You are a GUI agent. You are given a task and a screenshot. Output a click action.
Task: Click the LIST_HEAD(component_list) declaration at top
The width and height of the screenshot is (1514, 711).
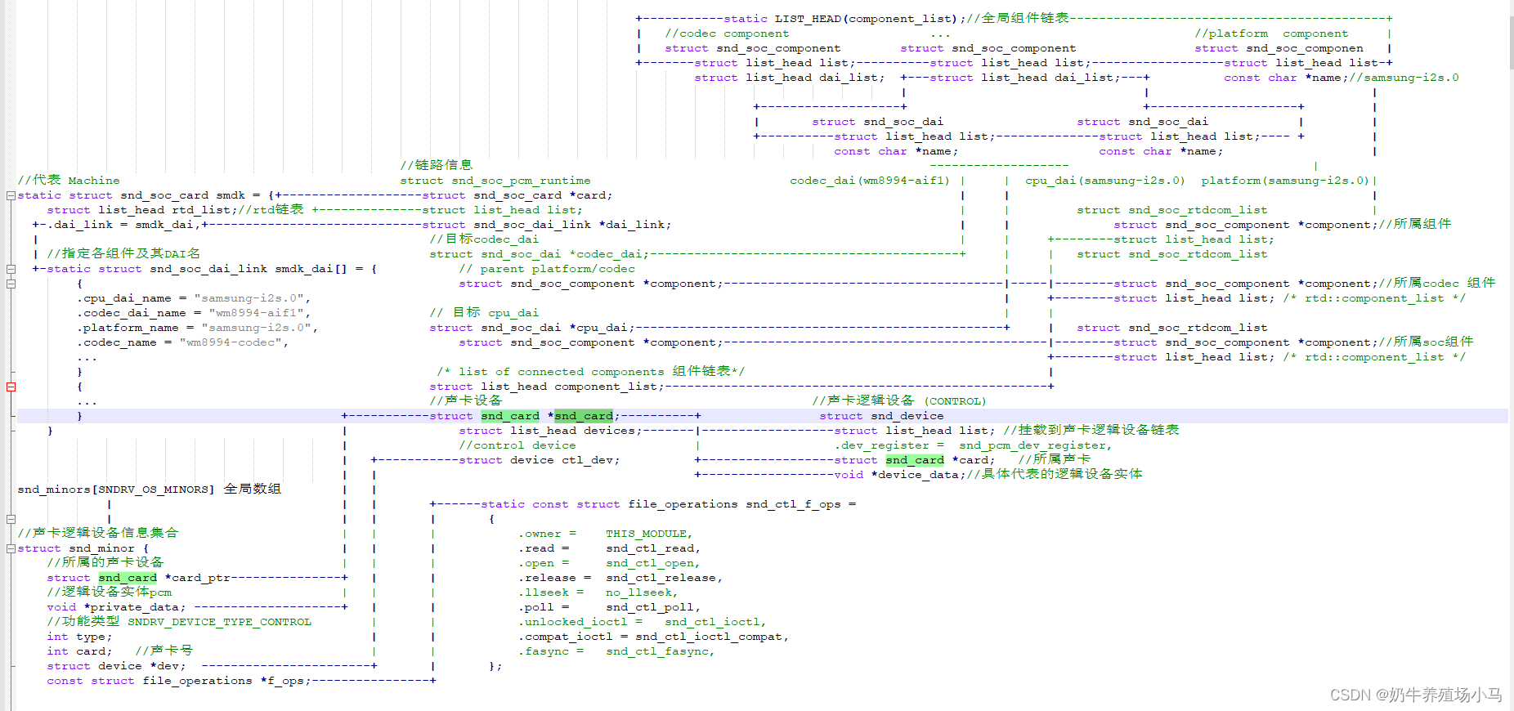865,19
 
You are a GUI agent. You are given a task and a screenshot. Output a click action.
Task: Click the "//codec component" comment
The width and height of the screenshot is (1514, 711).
727,34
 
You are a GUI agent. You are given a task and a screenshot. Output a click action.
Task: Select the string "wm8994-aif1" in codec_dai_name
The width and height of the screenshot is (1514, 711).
259,313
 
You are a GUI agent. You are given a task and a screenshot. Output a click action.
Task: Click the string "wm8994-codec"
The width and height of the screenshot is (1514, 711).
233,342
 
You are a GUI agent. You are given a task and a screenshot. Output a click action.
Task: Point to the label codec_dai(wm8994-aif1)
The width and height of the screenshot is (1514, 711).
870,181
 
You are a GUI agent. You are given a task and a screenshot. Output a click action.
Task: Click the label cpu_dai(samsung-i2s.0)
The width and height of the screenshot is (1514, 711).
1105,181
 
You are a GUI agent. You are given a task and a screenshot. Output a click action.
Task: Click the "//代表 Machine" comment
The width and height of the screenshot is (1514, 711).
69,181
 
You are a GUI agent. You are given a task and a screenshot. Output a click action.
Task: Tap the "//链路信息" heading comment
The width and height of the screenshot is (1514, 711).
437,165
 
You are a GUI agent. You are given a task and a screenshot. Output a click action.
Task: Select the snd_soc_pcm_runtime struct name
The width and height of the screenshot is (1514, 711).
521,181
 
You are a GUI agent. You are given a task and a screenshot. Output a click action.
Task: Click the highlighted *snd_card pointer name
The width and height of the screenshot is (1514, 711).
584,416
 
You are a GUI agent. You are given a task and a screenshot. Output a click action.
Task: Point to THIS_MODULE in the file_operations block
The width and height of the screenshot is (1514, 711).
648,534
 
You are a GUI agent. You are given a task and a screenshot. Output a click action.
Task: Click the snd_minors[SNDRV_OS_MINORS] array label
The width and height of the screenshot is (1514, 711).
115,490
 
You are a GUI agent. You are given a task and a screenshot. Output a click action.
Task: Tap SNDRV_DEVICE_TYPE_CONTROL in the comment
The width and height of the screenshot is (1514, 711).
219,622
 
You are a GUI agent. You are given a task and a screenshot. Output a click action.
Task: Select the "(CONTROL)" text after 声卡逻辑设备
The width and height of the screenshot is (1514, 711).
956,401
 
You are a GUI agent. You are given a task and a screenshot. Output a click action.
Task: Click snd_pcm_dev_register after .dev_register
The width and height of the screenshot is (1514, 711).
1035,445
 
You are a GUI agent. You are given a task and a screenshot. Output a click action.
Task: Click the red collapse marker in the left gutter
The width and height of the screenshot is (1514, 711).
11,387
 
